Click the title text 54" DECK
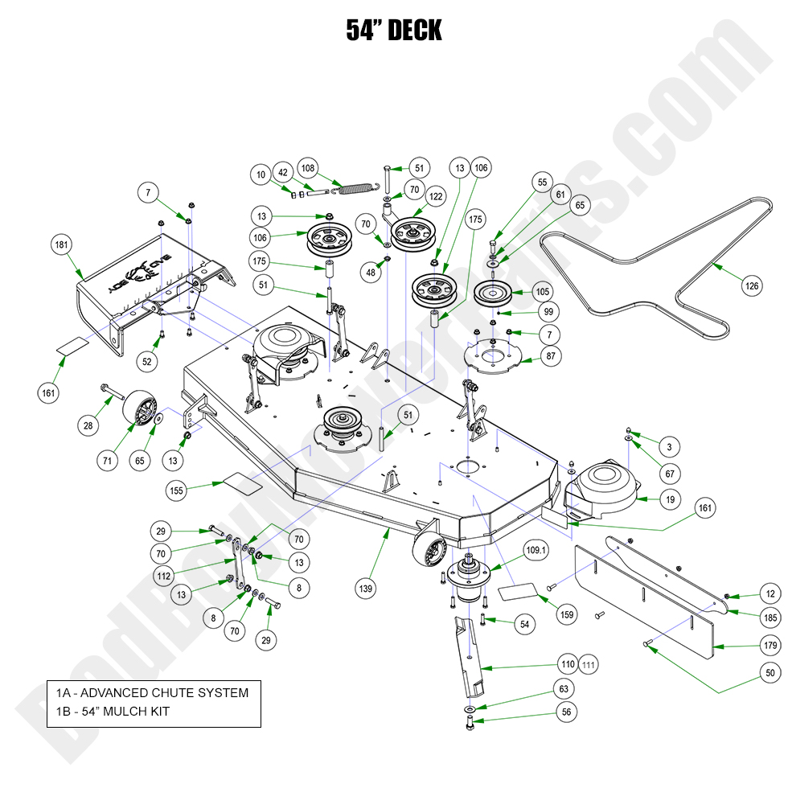pyautogui.click(x=394, y=31)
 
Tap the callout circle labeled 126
pyautogui.click(x=751, y=285)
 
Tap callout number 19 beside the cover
pyautogui.click(x=670, y=499)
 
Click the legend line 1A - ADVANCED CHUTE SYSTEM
pyautogui.click(x=153, y=692)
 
